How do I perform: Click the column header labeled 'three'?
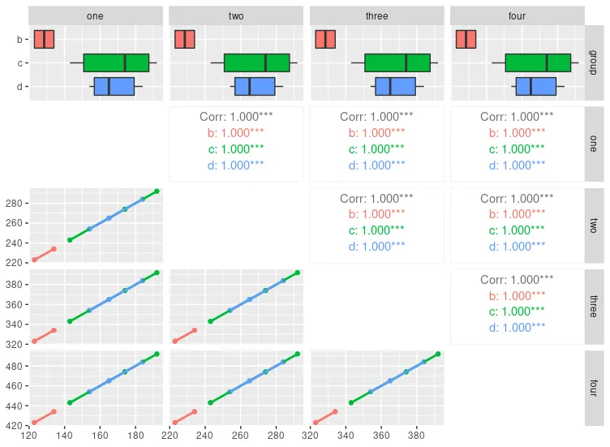[x=376, y=15]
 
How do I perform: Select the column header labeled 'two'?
[x=236, y=15]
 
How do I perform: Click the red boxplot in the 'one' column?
[x=44, y=39]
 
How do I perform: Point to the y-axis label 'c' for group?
[x=20, y=62]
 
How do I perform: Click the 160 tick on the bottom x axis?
[x=100, y=436]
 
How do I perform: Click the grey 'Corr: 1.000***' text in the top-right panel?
[x=517, y=117]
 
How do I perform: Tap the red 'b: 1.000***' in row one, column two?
[x=236, y=132]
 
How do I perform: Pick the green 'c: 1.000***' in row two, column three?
[x=376, y=230]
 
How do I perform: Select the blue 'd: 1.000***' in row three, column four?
[x=517, y=327]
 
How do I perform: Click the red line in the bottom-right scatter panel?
[x=325, y=417]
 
